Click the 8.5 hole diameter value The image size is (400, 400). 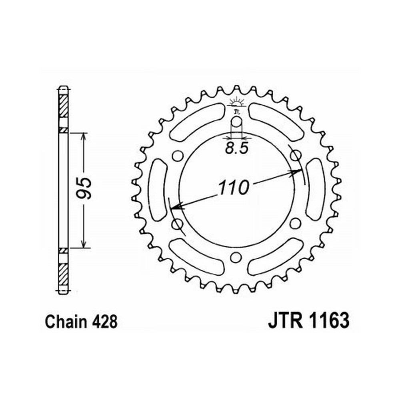point(237,148)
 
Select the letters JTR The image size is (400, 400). point(285,320)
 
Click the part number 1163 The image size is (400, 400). point(329,320)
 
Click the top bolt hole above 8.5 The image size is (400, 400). point(236,122)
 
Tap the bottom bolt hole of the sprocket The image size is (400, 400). point(236,257)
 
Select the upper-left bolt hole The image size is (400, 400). point(178,156)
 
